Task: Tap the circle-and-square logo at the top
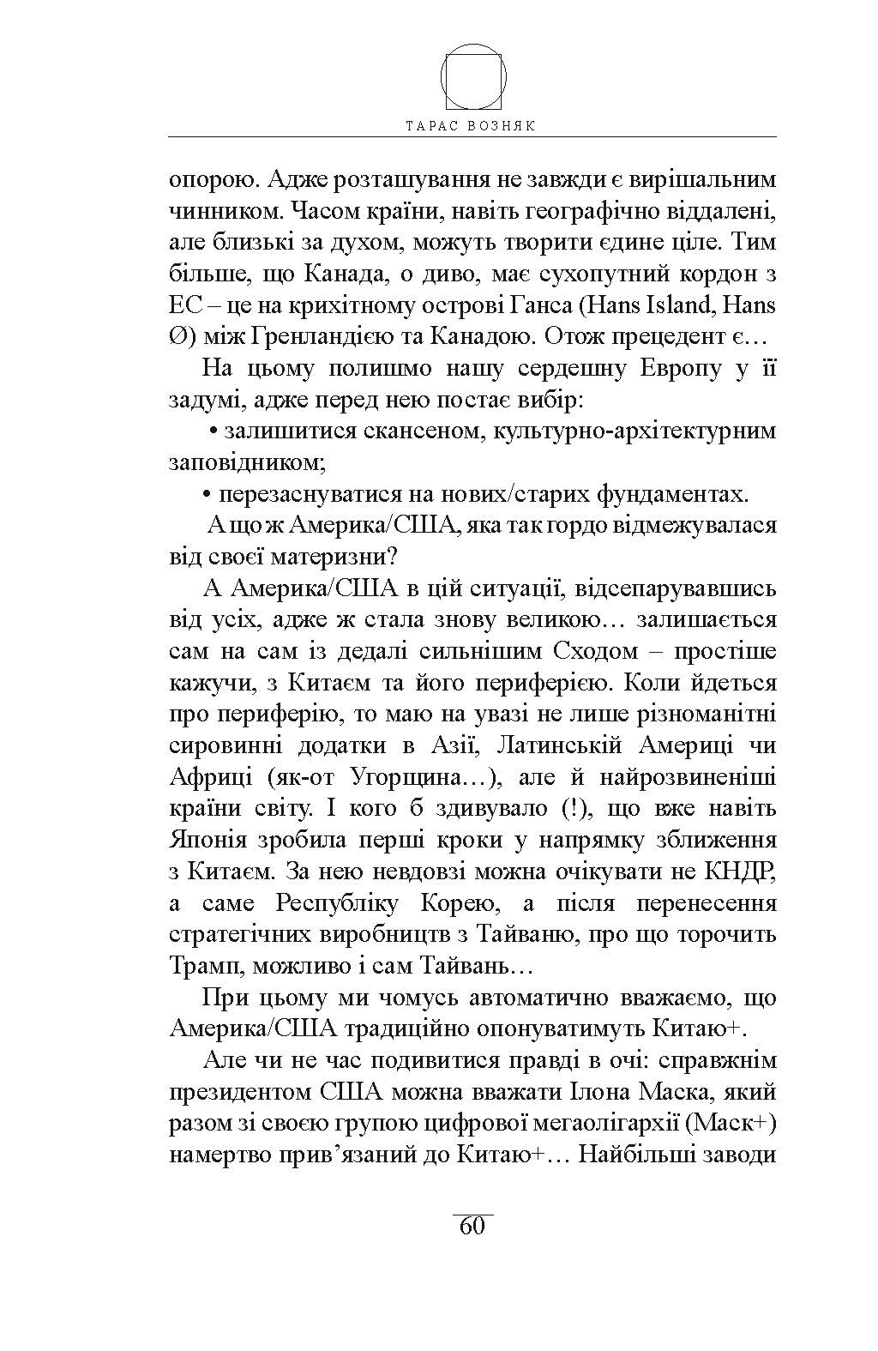coord(473,76)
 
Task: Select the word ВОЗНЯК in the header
coord(507,125)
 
